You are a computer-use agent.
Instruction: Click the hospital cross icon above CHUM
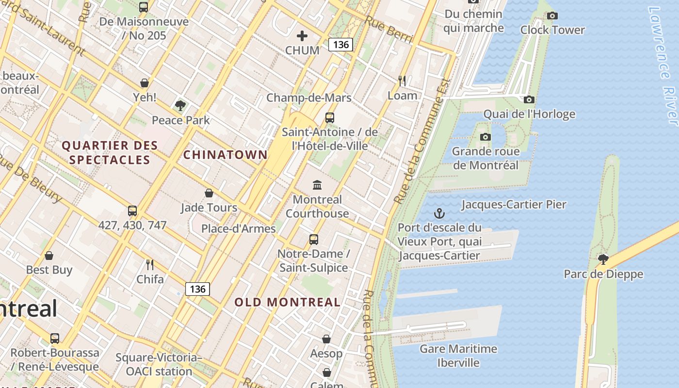coord(302,35)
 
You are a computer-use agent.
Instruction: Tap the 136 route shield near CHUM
coord(340,45)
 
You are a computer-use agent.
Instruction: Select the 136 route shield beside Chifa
coord(197,289)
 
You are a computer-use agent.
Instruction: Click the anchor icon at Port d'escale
coord(439,213)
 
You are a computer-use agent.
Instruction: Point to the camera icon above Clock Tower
coord(552,16)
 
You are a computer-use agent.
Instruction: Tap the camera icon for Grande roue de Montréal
coord(485,137)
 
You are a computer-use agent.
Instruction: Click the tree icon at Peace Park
coord(180,105)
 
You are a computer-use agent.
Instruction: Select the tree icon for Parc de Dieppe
coord(603,259)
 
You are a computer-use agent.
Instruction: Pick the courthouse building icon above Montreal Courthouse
coord(317,185)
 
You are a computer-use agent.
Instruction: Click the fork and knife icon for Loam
coord(402,81)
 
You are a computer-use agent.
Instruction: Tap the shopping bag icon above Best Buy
coord(49,256)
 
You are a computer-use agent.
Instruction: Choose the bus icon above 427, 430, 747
coord(132,211)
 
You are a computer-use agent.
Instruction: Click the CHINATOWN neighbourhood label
coord(225,155)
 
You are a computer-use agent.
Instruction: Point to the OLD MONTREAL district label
coord(288,302)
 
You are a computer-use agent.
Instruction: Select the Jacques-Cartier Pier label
coord(514,204)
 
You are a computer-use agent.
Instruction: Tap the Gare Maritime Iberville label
coord(458,356)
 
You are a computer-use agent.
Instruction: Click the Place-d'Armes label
coord(239,228)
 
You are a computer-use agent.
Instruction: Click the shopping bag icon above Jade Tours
coord(209,193)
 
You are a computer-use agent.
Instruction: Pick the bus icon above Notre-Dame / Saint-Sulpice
coord(314,239)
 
